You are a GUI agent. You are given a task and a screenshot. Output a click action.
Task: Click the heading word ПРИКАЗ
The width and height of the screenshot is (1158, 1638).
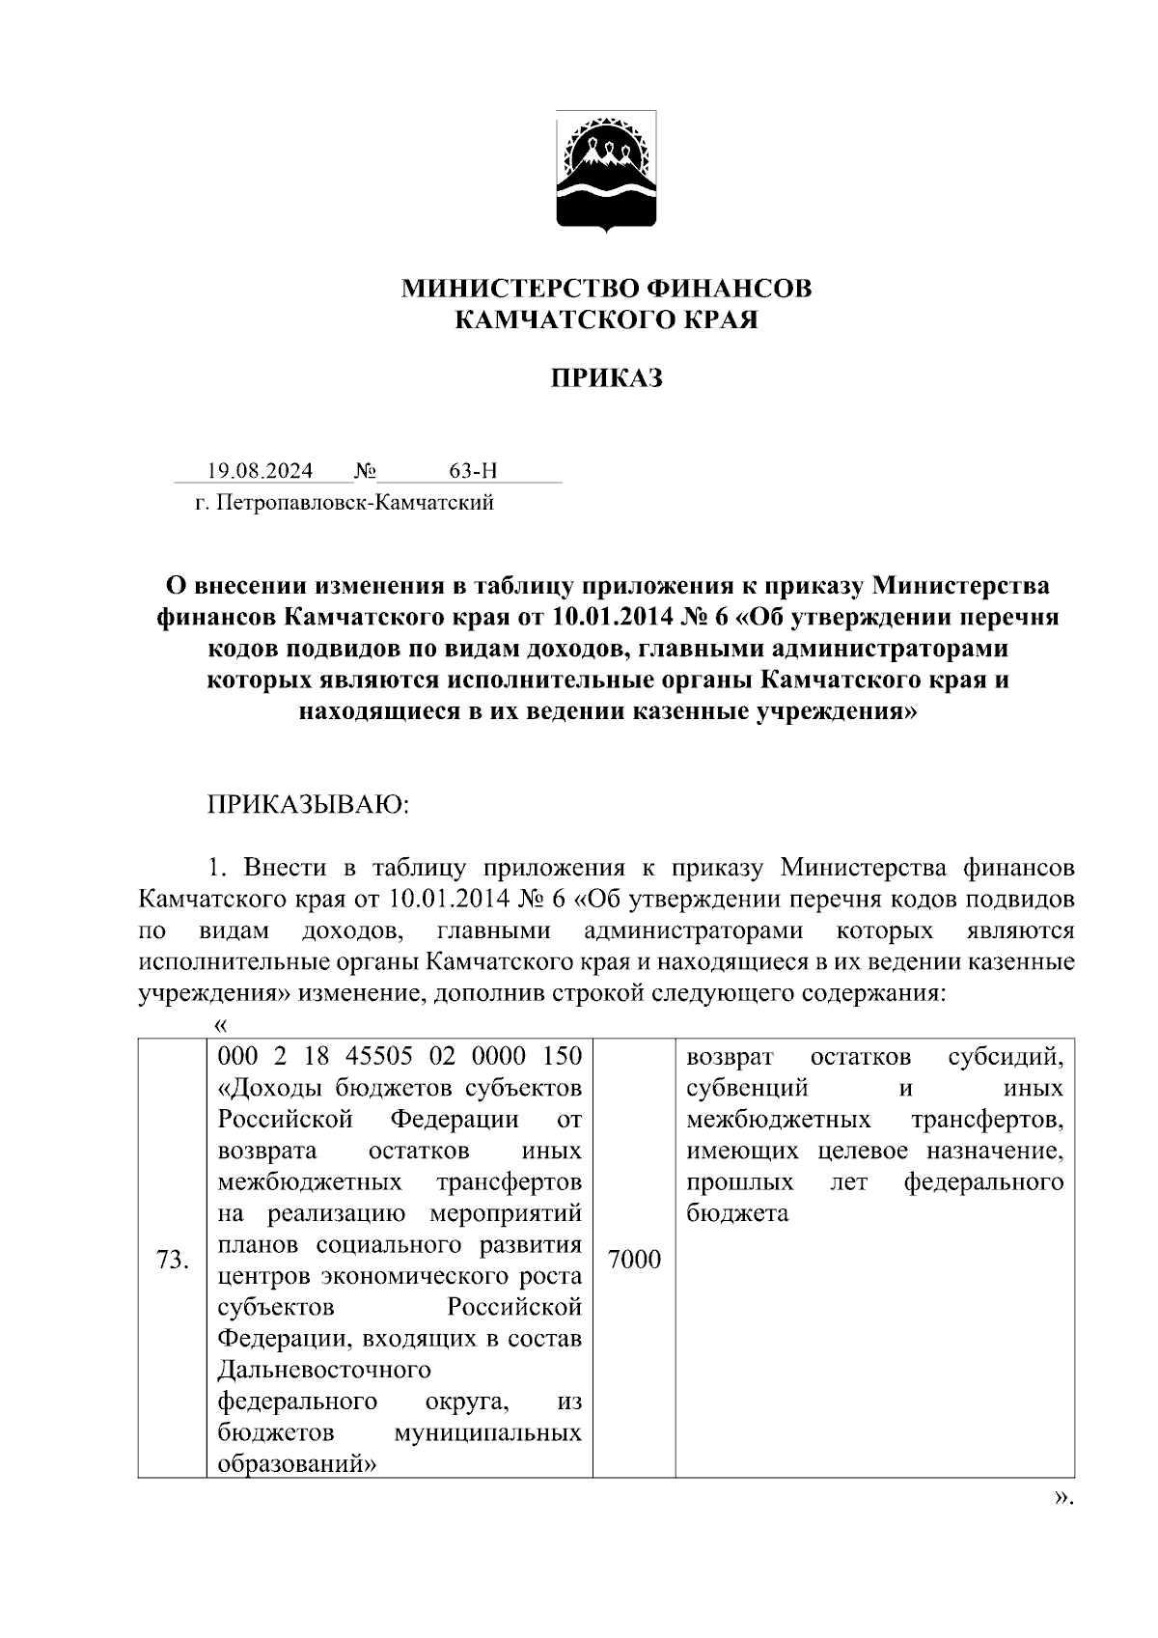point(606,378)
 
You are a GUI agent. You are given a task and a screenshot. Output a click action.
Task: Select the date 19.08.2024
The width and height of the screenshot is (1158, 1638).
point(260,471)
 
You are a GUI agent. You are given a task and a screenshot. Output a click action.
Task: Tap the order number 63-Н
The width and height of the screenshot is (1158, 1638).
point(473,471)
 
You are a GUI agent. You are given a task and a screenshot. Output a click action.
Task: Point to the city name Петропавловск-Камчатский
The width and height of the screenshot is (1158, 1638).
point(355,503)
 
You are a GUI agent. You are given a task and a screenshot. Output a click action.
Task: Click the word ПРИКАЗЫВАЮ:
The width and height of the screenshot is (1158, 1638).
point(309,805)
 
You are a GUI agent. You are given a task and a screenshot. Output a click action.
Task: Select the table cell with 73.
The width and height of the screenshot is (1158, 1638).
point(172,1260)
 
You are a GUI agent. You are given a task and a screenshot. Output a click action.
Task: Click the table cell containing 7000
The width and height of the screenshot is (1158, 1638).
point(634,1260)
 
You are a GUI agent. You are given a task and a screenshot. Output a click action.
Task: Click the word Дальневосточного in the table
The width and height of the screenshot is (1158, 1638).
point(324,1370)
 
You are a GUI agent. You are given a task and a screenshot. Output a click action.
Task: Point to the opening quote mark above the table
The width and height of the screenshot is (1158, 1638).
point(220,1023)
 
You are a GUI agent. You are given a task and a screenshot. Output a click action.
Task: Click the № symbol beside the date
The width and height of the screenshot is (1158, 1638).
point(365,471)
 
